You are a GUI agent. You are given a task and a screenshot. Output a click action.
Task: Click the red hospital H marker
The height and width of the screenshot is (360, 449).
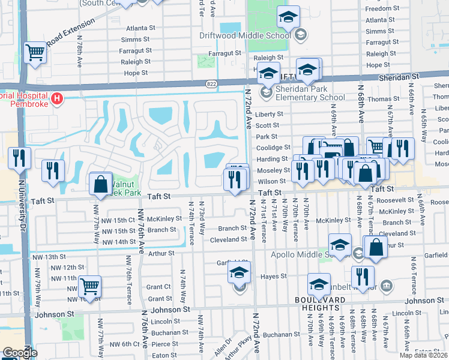coord(57,98)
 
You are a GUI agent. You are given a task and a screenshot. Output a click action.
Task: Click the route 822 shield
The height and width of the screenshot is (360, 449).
coord(211,85)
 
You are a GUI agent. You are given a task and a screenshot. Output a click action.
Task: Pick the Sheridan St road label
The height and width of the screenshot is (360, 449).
coord(399,77)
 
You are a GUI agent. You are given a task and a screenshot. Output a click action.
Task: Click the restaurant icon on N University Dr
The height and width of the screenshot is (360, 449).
coord(19,158)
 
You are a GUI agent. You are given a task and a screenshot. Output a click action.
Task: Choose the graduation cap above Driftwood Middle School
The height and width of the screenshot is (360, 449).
coord(289,17)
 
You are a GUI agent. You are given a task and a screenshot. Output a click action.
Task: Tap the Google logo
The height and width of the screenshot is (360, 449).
coord(20,353)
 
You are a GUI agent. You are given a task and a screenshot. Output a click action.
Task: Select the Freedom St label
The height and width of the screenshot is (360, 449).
coord(379,9)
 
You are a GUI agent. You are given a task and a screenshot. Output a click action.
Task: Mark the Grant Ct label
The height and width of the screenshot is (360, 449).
coord(158,287)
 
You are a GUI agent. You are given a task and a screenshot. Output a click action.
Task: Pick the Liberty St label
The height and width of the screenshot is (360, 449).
coord(268,114)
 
